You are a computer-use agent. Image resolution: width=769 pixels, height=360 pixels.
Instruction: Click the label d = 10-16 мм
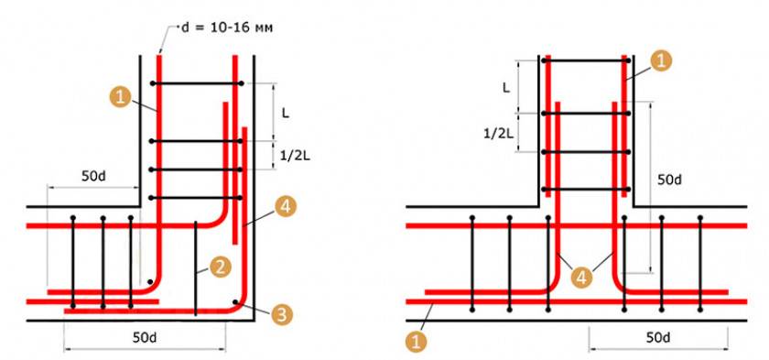click(227, 28)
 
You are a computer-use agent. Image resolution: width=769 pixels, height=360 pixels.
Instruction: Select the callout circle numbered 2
click(221, 267)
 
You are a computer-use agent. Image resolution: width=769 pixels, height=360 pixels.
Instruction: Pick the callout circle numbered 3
click(281, 314)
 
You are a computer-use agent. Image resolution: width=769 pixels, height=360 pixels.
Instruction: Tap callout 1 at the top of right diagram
click(660, 60)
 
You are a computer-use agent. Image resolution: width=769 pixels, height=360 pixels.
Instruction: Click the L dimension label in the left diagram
click(286, 113)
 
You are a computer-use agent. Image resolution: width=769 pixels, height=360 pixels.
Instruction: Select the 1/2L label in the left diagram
click(294, 157)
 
